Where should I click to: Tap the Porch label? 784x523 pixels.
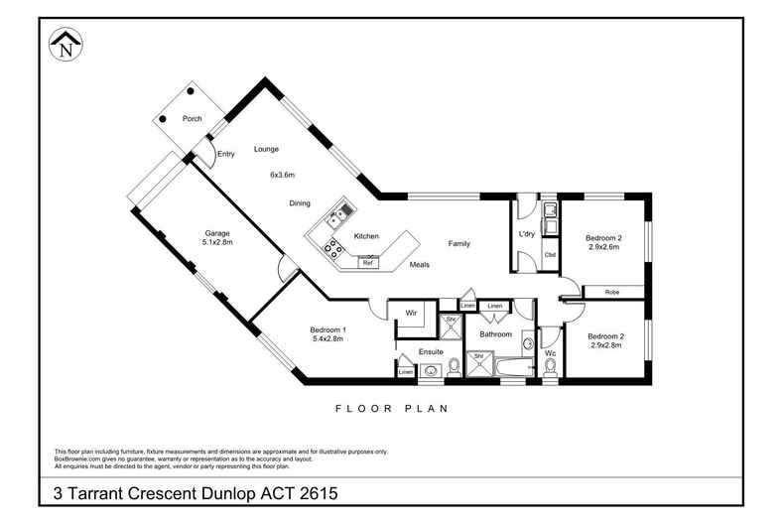click(193, 119)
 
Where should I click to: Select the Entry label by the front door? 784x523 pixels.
click(226, 154)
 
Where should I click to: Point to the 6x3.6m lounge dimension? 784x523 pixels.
click(283, 175)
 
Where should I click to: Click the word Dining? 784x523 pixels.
click(300, 203)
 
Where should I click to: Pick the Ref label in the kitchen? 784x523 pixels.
click(366, 263)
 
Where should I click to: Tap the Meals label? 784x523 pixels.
click(419, 265)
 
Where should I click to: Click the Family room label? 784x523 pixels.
click(458, 243)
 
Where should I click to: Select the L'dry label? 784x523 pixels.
click(527, 234)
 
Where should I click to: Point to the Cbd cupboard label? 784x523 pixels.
click(550, 255)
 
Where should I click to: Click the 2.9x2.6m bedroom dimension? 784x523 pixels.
click(603, 247)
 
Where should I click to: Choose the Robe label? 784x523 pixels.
click(612, 292)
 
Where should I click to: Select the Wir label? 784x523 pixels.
click(409, 314)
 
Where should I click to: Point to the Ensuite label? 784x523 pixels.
click(431, 350)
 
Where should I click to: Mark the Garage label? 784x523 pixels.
click(217, 233)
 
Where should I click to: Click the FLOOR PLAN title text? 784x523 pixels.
click(392, 408)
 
